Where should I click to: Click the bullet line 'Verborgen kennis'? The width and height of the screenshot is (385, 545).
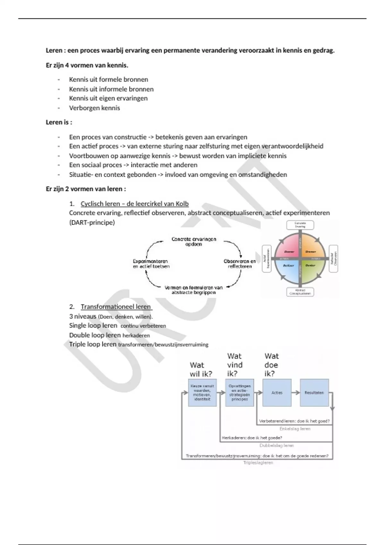[x=94, y=108]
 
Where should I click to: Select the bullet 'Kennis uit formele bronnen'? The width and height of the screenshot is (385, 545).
[x=108, y=80]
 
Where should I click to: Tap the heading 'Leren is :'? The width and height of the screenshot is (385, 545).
[x=59, y=122]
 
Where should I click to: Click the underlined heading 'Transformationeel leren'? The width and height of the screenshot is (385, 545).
[x=116, y=307]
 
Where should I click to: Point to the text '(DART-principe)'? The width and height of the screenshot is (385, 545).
[x=92, y=222]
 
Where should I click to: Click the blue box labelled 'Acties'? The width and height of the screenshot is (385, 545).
[x=277, y=393]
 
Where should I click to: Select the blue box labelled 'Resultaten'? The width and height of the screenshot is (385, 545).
[x=314, y=393]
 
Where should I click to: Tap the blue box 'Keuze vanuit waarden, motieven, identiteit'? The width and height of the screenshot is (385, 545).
[x=202, y=393]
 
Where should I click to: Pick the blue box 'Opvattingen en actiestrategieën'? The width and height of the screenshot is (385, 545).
[x=239, y=393]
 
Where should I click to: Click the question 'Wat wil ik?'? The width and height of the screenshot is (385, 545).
[x=201, y=369]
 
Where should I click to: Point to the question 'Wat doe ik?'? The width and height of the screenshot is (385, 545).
[x=271, y=365]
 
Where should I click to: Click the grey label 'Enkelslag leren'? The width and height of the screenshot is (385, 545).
[x=295, y=429]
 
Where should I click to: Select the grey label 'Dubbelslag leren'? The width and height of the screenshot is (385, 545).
[x=277, y=445]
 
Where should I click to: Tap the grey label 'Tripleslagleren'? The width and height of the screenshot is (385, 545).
[x=258, y=463]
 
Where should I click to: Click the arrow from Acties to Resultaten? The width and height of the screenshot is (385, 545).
[x=295, y=392]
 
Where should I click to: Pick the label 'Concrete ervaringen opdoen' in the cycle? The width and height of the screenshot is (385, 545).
[x=194, y=241]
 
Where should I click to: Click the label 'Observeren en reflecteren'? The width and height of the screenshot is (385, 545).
[x=240, y=264]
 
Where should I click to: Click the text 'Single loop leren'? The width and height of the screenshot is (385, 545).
[x=93, y=326]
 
